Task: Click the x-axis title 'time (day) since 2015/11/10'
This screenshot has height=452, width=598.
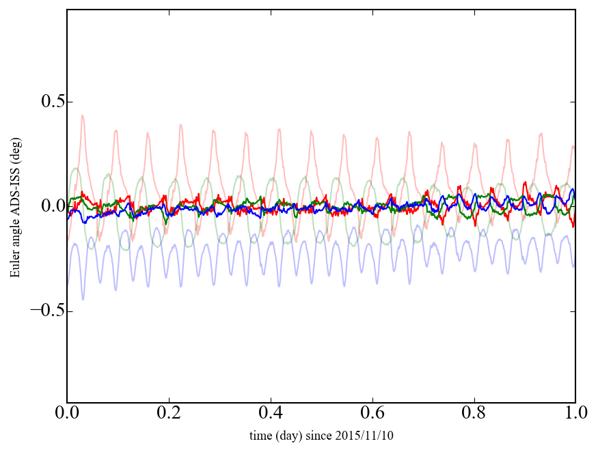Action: tap(321, 435)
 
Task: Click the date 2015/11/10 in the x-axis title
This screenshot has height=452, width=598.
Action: tap(366, 435)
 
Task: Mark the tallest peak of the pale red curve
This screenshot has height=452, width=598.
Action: tap(83, 115)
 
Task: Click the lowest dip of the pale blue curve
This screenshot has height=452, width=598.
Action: tap(83, 300)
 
